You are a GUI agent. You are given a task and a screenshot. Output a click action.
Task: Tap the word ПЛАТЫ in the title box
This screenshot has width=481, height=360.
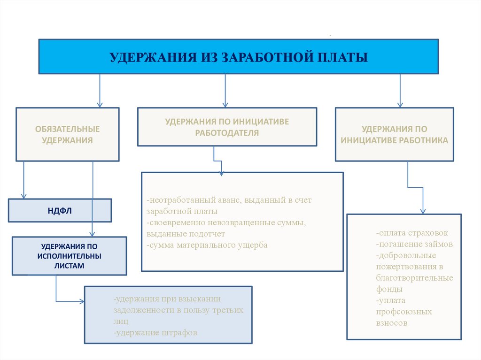(342, 57)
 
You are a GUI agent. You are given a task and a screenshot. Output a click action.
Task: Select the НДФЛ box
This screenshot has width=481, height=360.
(60, 210)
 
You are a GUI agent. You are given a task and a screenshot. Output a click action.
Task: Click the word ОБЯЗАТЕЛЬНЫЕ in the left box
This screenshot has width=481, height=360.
(68, 129)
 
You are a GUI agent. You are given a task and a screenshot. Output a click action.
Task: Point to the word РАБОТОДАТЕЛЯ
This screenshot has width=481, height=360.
(227, 133)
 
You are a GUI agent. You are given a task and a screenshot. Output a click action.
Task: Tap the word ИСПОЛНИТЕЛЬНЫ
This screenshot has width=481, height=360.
(70, 256)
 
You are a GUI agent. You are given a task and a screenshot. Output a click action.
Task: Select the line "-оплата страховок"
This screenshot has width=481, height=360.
(412, 233)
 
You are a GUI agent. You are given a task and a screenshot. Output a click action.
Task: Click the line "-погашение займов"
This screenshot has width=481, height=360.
(414, 244)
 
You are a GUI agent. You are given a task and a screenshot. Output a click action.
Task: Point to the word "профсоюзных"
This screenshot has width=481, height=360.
(403, 312)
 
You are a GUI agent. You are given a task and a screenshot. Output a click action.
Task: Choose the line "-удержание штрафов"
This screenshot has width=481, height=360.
(155, 332)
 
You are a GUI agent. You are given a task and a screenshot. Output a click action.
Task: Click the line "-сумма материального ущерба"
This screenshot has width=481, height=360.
(207, 245)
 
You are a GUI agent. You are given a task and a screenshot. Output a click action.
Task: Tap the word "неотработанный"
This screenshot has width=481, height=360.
(177, 200)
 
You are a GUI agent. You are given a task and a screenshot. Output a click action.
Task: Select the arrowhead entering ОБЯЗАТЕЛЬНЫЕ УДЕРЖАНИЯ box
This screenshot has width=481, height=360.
(100, 105)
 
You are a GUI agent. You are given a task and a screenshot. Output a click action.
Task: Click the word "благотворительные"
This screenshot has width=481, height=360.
(414, 278)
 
